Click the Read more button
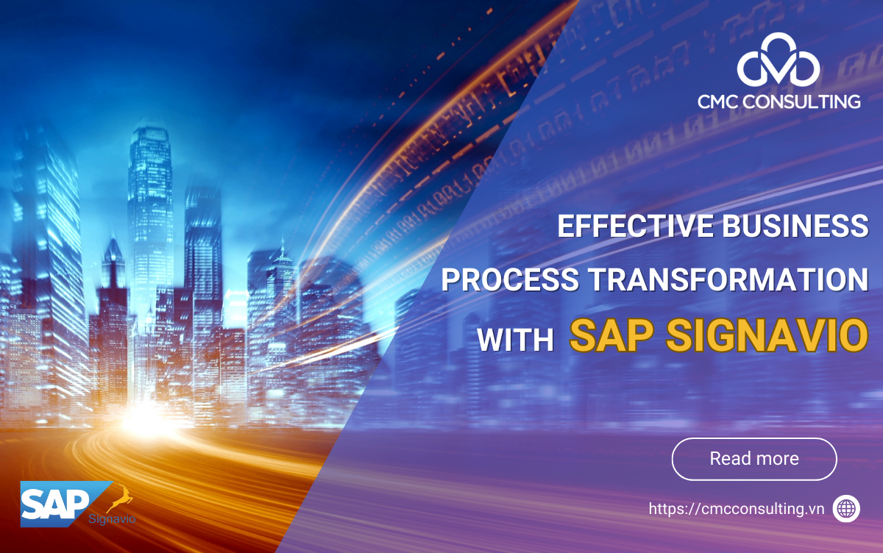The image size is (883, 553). point(754,459)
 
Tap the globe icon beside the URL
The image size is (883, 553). point(846,508)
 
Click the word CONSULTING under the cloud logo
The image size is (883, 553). point(805,101)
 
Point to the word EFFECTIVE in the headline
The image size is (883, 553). point(632,226)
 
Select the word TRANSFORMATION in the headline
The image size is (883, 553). point(727,280)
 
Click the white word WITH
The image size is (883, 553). point(515,340)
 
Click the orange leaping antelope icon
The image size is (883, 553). point(121,502)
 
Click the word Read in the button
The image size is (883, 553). point(728,459)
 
